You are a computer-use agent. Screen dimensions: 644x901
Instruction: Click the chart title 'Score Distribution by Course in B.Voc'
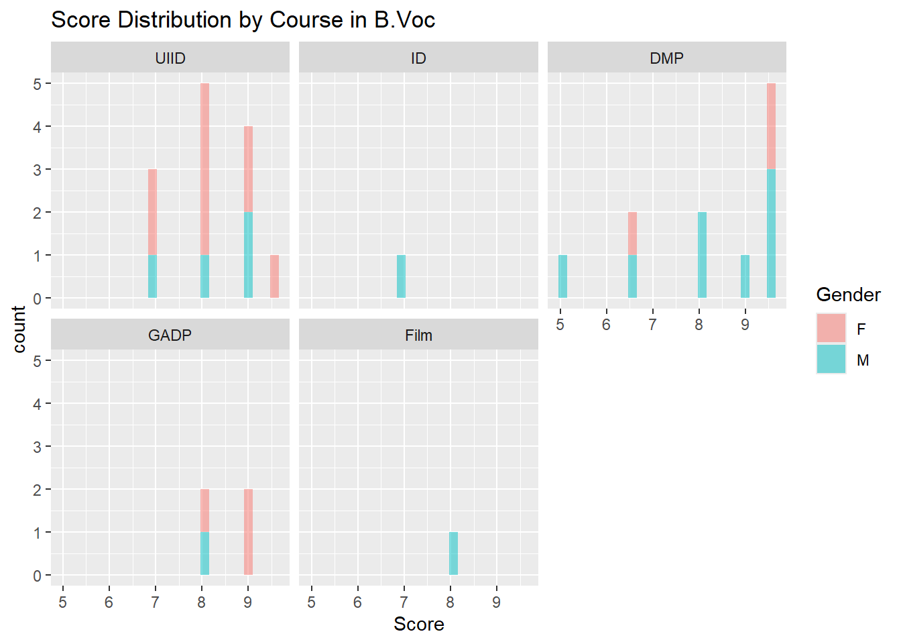pyautogui.click(x=243, y=20)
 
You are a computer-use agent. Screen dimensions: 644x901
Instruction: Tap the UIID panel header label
pyautogui.click(x=170, y=58)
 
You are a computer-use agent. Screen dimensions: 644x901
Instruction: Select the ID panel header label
pyautogui.click(x=418, y=58)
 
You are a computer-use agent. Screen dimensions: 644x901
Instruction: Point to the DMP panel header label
pyautogui.click(x=666, y=58)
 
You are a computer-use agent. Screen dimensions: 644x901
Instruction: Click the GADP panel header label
pyautogui.click(x=170, y=335)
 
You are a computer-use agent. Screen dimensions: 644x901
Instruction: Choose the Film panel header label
pyautogui.click(x=418, y=335)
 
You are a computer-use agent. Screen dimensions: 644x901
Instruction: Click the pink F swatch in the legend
pyautogui.click(x=831, y=328)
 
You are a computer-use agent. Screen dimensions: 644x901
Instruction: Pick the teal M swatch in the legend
pyautogui.click(x=831, y=359)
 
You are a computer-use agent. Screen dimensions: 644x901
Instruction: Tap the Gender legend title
pyautogui.click(x=848, y=295)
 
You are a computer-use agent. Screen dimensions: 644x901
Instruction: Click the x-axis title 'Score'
pyautogui.click(x=418, y=625)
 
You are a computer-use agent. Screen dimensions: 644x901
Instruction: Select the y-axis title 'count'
pyautogui.click(x=19, y=329)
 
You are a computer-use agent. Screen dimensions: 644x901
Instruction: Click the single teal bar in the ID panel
pyautogui.click(x=401, y=276)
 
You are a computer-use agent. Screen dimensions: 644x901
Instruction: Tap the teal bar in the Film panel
pyautogui.click(x=453, y=553)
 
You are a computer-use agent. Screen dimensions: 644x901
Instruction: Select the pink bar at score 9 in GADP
pyautogui.click(x=248, y=532)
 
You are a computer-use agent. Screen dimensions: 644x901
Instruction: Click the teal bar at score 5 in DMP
pyautogui.click(x=562, y=276)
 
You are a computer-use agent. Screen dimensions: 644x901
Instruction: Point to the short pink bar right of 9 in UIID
pyautogui.click(x=274, y=276)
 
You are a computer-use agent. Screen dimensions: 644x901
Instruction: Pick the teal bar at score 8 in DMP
pyautogui.click(x=702, y=255)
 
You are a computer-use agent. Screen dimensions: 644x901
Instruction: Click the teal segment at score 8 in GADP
pyautogui.click(x=204, y=553)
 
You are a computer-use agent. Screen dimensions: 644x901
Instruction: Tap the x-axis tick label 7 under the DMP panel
pyautogui.click(x=652, y=325)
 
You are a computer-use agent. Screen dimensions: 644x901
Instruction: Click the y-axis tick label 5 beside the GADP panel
pyautogui.click(x=38, y=361)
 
